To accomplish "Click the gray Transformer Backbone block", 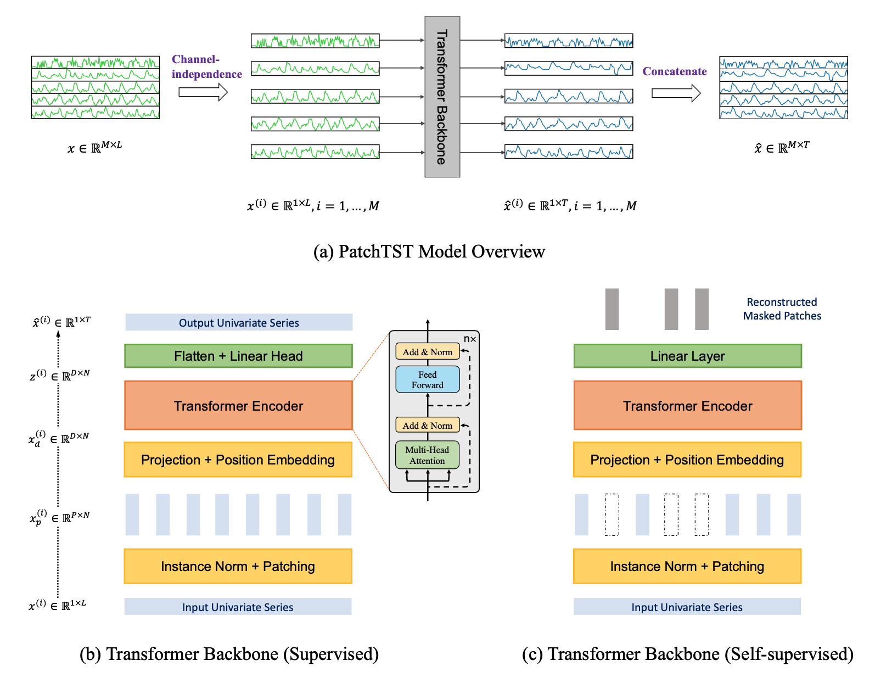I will point(442,97).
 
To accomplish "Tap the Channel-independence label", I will point(206,67).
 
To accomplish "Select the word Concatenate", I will point(675,71).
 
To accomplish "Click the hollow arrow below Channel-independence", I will point(203,92).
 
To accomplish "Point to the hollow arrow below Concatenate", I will point(676,93).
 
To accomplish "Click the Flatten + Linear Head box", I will point(238,356).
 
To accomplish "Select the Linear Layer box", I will point(687,356).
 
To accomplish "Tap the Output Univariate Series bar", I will point(239,323).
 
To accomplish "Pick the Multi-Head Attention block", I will point(427,455).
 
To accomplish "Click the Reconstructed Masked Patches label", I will point(782,309).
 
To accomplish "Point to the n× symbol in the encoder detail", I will point(470,339).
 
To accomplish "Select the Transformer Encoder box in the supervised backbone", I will point(238,406).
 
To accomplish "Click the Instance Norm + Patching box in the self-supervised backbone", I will point(687,566).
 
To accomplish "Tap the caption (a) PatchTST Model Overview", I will point(429,251).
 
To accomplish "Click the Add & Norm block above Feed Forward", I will point(428,352).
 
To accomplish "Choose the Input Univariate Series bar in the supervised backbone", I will point(238,607).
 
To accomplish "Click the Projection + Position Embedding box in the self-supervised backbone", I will point(687,460).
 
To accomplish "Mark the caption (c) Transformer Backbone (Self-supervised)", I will point(687,654).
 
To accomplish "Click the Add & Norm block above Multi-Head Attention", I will point(428,426).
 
